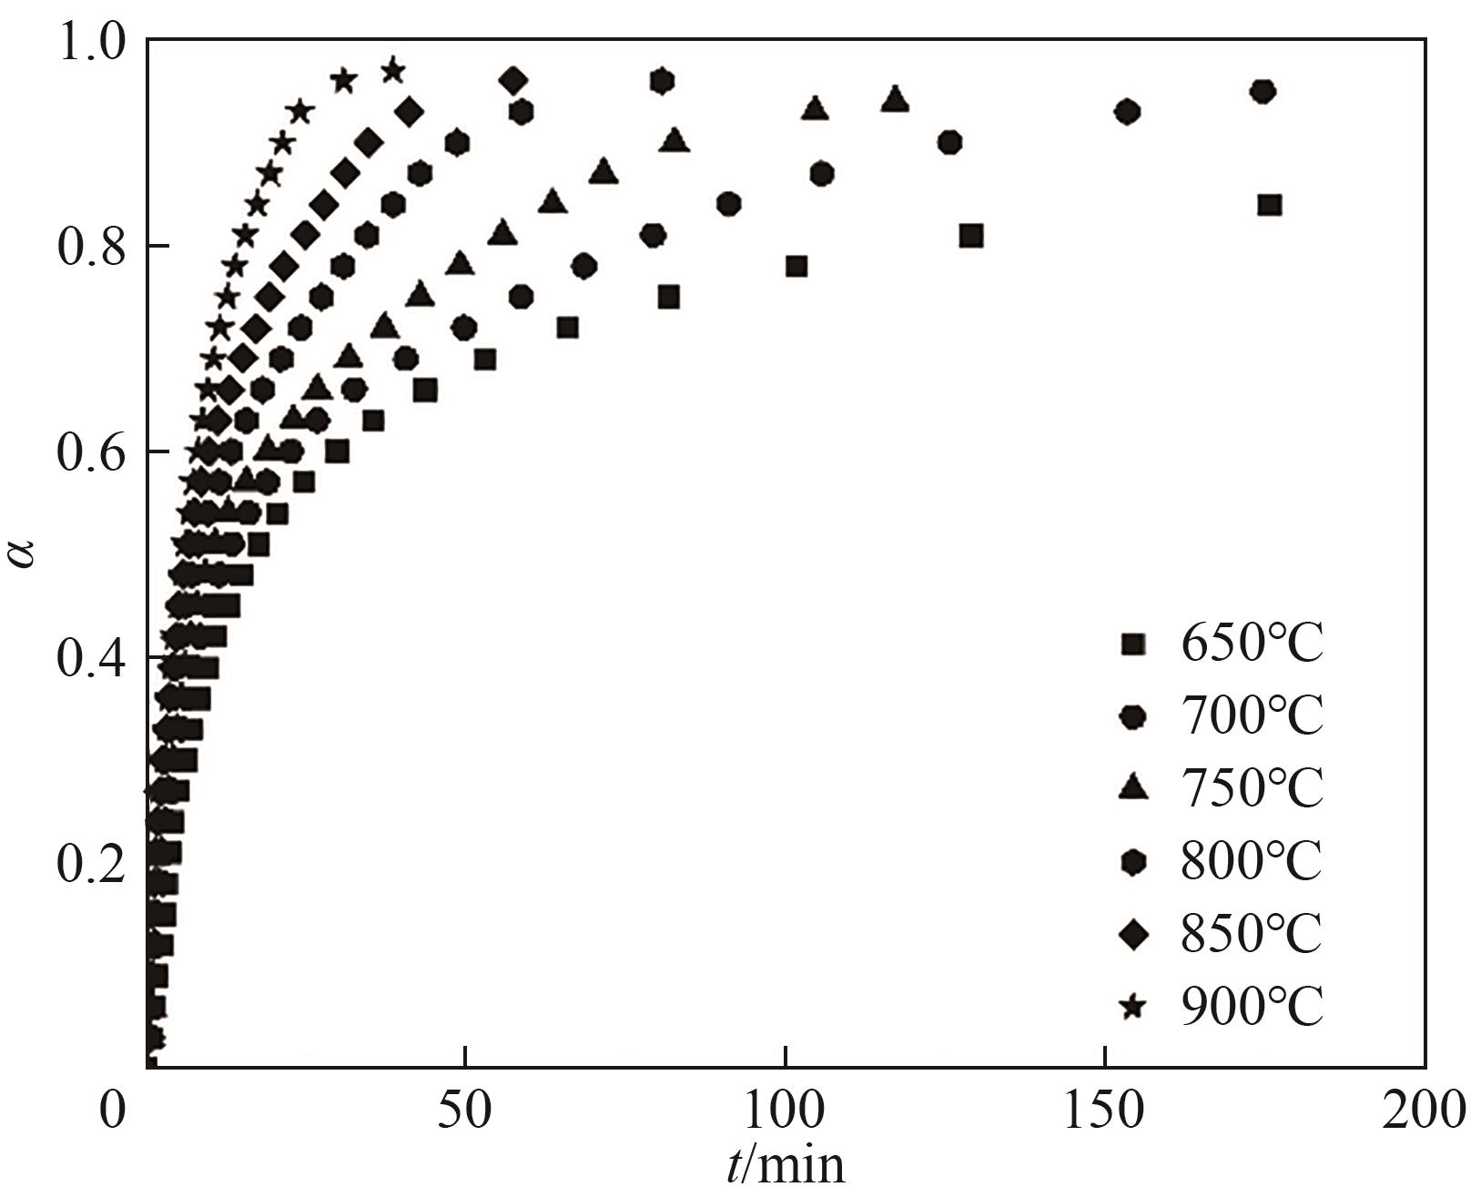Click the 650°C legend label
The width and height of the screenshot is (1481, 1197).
point(1252,644)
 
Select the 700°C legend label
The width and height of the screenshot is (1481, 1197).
point(1252,717)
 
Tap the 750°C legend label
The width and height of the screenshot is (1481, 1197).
point(1252,788)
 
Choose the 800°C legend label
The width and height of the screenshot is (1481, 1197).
point(1252,861)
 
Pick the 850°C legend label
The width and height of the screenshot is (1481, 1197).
point(1252,934)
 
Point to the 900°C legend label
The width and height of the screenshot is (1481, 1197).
point(1252,1006)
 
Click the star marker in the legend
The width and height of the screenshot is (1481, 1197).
point(1134,1007)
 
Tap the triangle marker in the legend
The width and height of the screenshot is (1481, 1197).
point(1134,787)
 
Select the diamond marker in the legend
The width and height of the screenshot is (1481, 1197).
point(1134,934)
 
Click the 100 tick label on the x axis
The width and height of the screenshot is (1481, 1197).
point(784,1111)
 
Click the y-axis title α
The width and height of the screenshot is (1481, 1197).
point(25,553)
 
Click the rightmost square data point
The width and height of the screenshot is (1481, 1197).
point(1269,205)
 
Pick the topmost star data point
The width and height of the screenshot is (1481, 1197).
point(393,70)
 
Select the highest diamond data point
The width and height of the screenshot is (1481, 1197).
point(513,81)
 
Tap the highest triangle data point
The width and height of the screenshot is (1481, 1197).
point(895,99)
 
